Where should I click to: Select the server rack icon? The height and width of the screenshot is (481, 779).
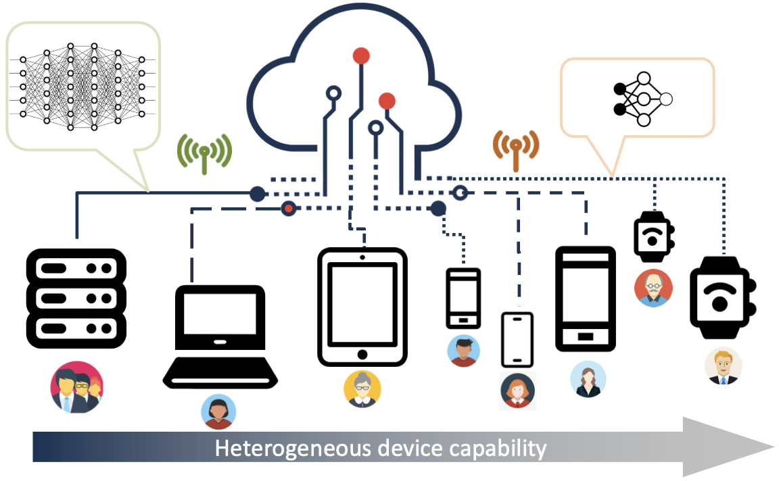point(76,299)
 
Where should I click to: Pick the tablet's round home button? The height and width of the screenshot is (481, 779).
point(362,354)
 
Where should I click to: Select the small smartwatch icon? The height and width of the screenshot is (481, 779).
point(654,237)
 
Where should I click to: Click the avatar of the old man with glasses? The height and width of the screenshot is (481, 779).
point(653,288)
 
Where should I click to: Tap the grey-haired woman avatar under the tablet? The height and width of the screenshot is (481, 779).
point(362,389)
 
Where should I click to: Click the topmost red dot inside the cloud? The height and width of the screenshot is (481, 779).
point(361,55)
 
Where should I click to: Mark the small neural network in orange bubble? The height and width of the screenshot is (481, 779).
point(642,99)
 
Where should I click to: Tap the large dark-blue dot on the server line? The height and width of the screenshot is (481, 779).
point(257,194)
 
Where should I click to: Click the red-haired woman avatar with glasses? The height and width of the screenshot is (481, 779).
point(518,390)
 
